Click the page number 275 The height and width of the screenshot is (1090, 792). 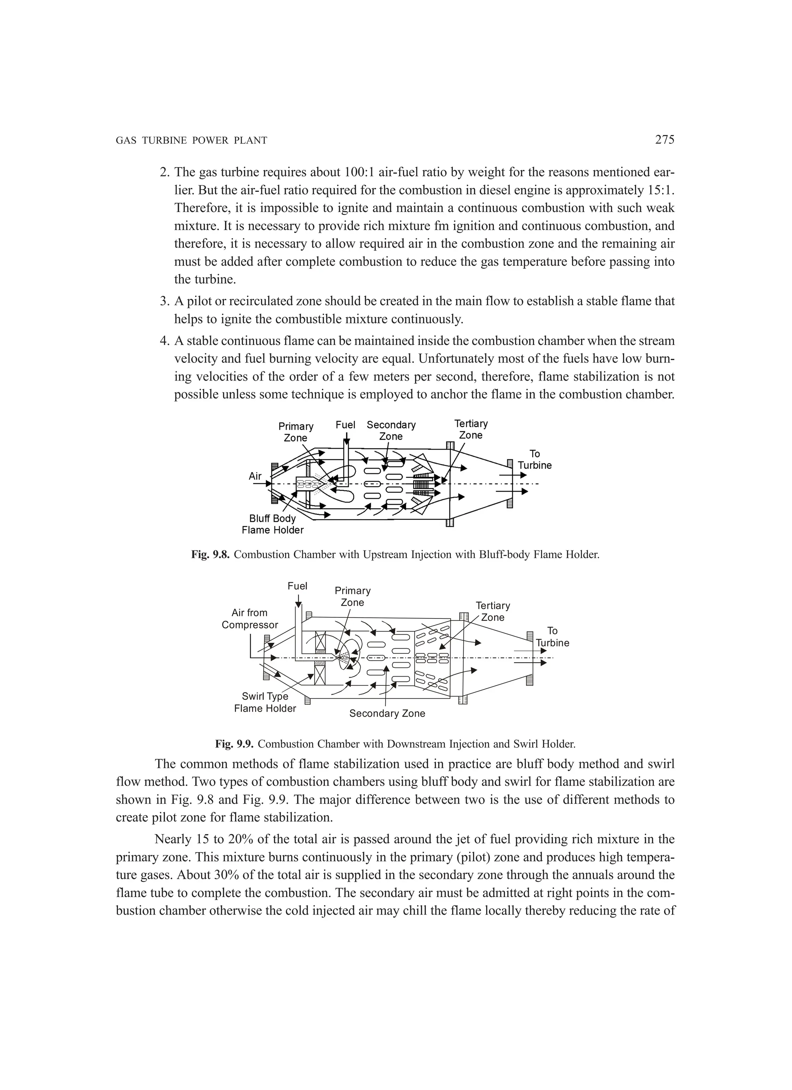665,140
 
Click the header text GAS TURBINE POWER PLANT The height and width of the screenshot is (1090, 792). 191,141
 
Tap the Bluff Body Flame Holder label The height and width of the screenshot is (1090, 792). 273,524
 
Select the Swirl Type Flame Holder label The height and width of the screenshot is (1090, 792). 265,702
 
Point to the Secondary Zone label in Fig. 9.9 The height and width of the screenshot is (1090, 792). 387,714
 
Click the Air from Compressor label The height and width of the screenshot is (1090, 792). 249,618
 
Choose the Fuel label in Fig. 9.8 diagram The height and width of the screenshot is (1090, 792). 345,425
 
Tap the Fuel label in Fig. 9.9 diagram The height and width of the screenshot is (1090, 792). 297,586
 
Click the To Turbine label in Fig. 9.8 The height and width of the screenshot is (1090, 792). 534,460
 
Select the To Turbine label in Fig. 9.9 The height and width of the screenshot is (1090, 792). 552,637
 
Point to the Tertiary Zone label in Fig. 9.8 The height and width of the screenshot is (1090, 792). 471,429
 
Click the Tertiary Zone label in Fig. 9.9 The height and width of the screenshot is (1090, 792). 493,611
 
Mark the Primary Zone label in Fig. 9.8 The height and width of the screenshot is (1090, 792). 295,432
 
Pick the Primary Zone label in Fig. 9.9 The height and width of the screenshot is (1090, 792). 352,596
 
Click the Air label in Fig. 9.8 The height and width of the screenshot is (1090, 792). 255,476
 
